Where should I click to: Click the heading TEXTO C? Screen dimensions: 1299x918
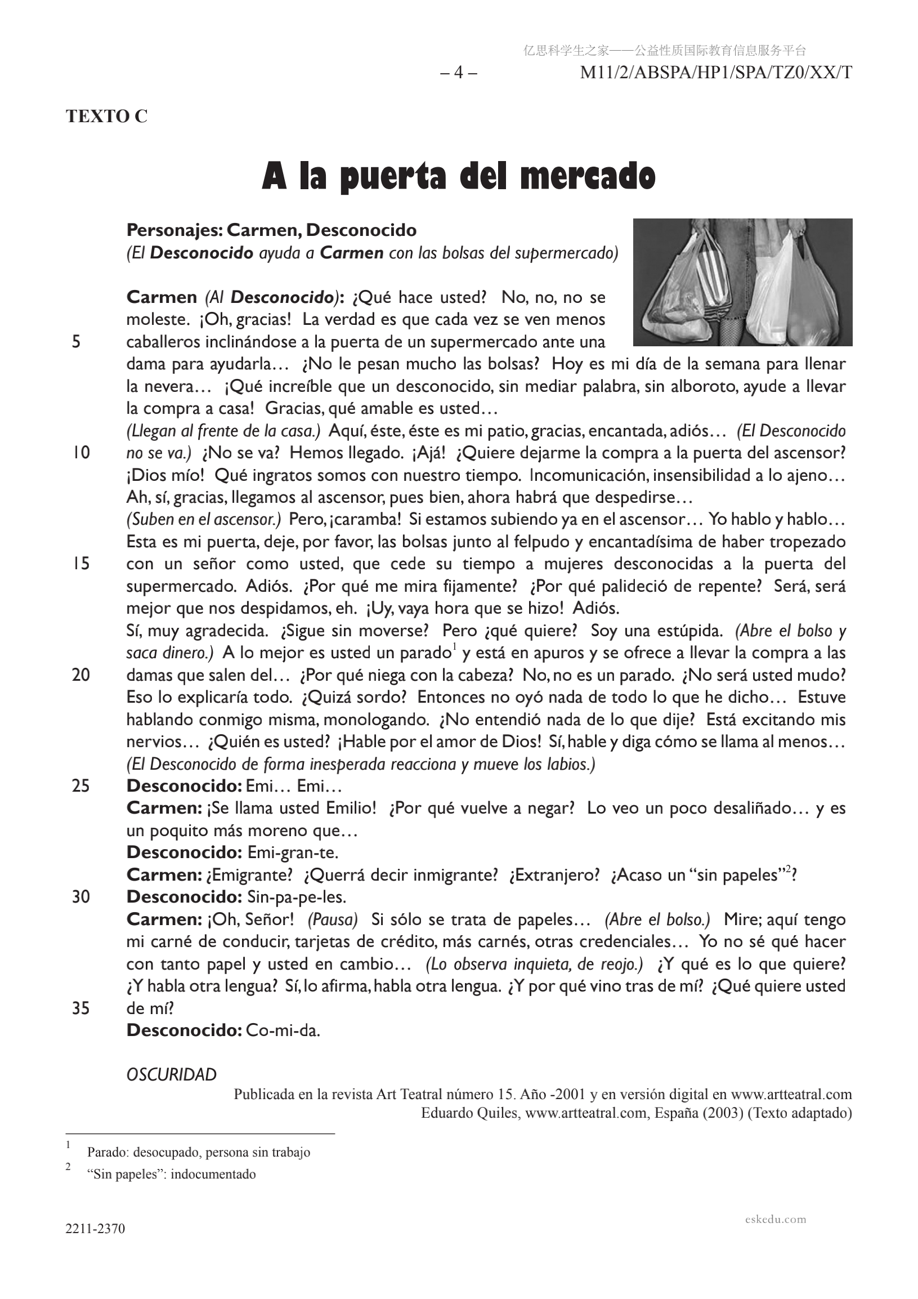pyautogui.click(x=106, y=116)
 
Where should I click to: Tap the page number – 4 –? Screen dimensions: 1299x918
pyautogui.click(x=458, y=73)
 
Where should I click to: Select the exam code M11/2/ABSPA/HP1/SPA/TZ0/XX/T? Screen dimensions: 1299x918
pyautogui.click(x=715, y=73)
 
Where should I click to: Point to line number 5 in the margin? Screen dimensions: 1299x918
pyautogui.click(x=77, y=341)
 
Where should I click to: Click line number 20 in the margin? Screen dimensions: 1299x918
pyautogui.click(x=81, y=675)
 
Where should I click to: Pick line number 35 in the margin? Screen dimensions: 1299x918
pyautogui.click(x=81, y=1008)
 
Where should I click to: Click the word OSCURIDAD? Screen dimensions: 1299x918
pyautogui.click(x=171, y=1074)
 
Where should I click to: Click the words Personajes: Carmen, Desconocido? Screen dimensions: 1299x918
pyautogui.click(x=271, y=230)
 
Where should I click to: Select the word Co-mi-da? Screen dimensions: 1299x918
pyautogui.click(x=283, y=1030)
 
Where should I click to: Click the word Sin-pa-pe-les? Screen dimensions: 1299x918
pyautogui.click(x=297, y=897)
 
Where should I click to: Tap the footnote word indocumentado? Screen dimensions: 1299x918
pyautogui.click(x=213, y=1174)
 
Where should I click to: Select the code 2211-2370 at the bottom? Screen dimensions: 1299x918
pyautogui.click(x=95, y=1228)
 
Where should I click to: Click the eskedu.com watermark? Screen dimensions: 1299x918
pyautogui.click(x=776, y=1218)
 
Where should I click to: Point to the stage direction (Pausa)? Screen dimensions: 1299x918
pyautogui.click(x=333, y=919)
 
